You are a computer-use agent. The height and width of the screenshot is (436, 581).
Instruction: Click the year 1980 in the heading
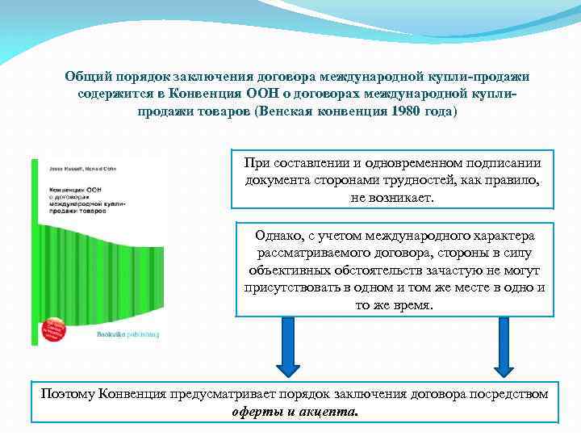point(404,111)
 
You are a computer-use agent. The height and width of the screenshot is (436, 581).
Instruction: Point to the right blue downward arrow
point(504,346)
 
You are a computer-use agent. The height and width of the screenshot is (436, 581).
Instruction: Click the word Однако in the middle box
point(278,236)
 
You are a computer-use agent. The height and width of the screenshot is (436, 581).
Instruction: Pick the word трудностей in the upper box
point(425,179)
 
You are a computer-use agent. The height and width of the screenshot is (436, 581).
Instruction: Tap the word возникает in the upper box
point(395,197)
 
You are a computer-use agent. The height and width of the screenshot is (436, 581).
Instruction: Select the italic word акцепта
point(328,410)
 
